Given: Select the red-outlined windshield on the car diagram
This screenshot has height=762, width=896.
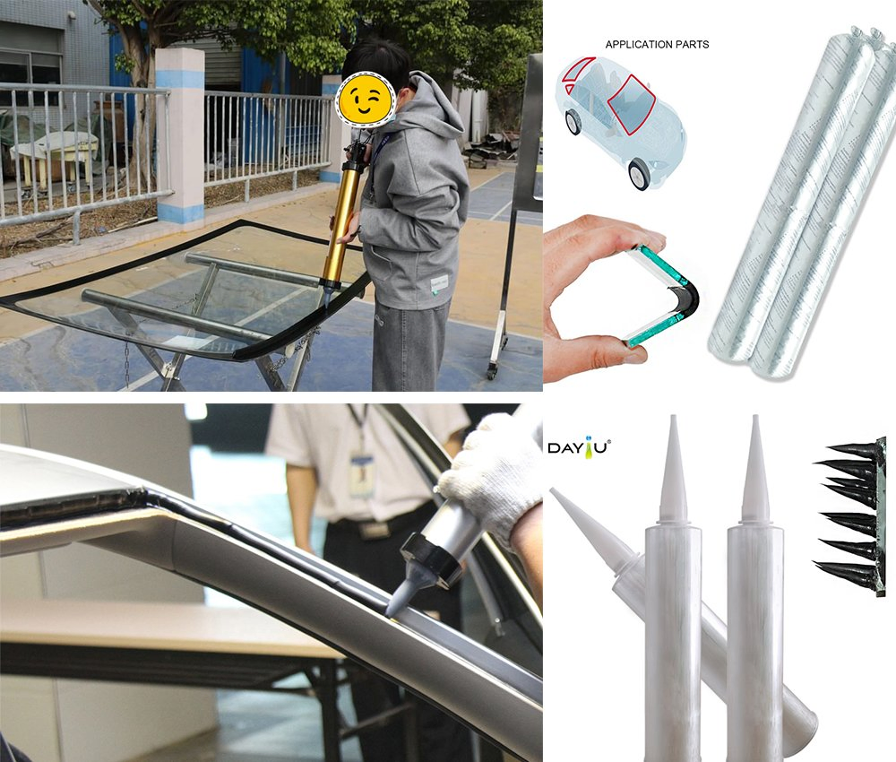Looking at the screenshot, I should (x=632, y=101).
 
